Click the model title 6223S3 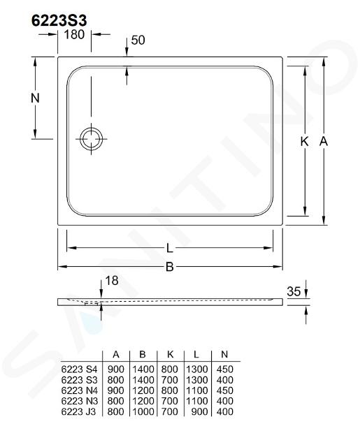[59, 20]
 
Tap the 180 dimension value [74, 34]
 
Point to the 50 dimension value [138, 40]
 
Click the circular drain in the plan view [92, 138]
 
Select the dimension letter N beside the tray [35, 98]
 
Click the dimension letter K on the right [304, 141]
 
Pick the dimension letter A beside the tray [324, 141]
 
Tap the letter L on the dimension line [169, 248]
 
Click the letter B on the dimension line [169, 267]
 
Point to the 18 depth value [112, 281]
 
